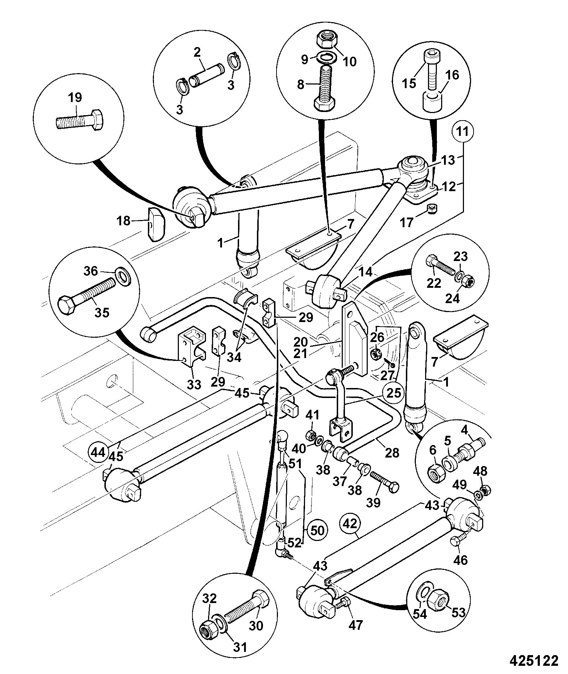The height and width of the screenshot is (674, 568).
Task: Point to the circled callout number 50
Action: point(318,540)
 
